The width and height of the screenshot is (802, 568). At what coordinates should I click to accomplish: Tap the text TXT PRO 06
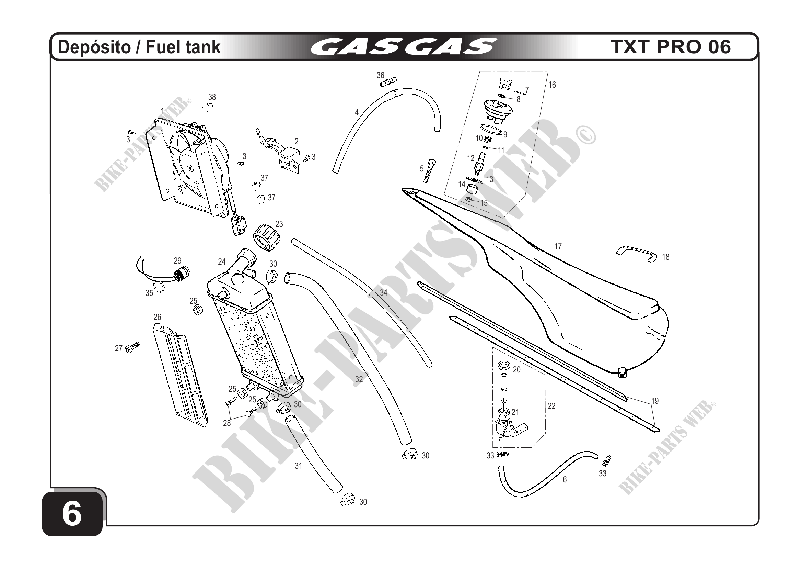pos(671,47)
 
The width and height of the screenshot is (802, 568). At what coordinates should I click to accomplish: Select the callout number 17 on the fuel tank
pos(558,247)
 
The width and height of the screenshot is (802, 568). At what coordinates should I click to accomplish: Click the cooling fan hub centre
pos(190,168)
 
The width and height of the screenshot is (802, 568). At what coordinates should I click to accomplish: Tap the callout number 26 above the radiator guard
pos(157,317)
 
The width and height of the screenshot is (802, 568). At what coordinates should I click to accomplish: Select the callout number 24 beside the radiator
pos(222,261)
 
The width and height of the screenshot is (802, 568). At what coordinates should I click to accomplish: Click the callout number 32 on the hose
pos(359,379)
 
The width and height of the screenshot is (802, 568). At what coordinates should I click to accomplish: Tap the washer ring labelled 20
pos(503,366)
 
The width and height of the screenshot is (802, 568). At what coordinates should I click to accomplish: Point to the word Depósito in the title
pos(94,47)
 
